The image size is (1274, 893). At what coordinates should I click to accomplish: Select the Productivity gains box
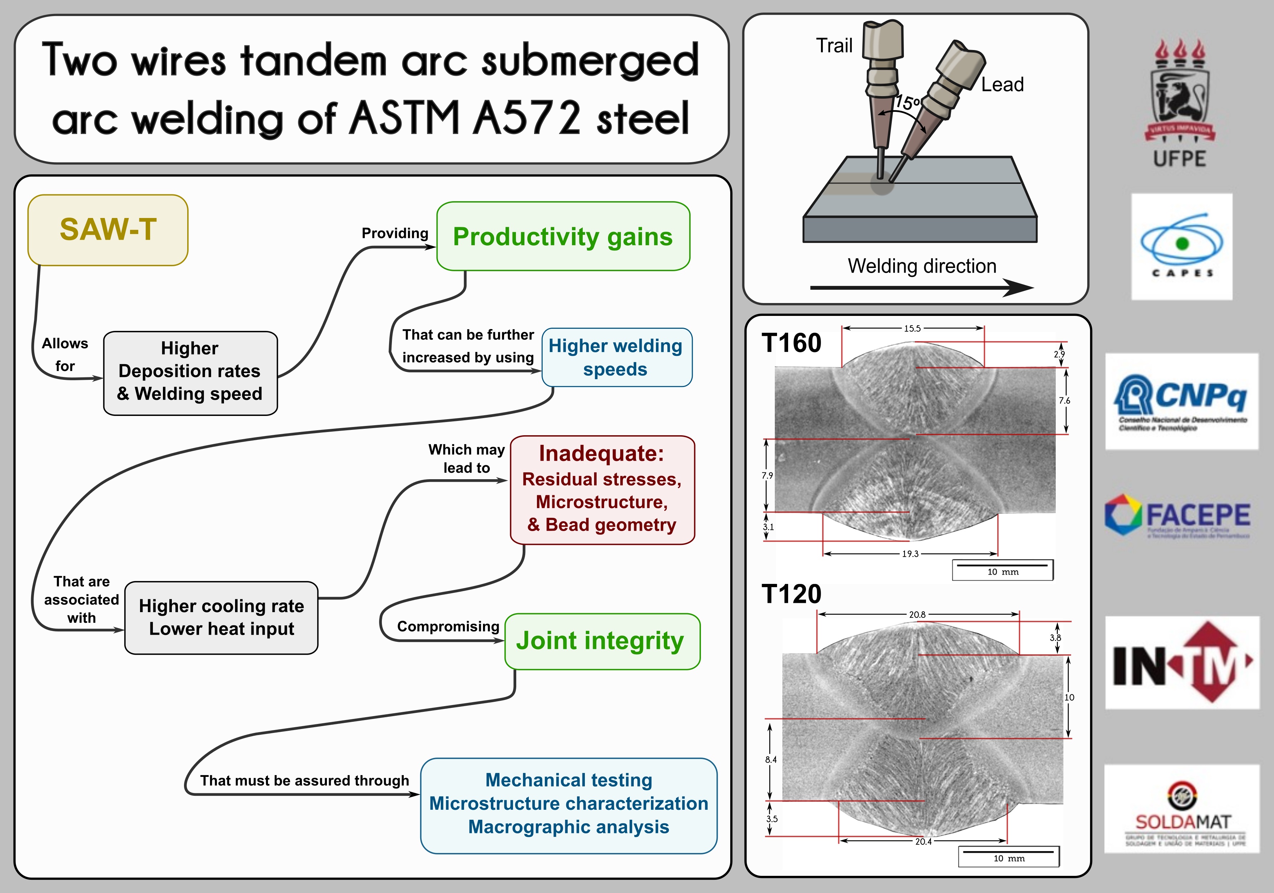pyautogui.click(x=563, y=237)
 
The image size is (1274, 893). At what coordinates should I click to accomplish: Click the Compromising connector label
pyautogui.click(x=448, y=626)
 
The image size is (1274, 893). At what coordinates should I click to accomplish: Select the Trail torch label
pyautogui.click(x=833, y=45)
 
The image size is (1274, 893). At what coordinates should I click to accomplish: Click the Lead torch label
pyautogui.click(x=1002, y=84)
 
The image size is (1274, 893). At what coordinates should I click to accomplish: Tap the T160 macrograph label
pyautogui.click(x=791, y=342)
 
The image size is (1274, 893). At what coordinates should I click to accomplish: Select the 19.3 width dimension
pyautogui.click(x=910, y=553)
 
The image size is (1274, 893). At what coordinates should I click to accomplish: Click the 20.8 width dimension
pyautogui.click(x=917, y=614)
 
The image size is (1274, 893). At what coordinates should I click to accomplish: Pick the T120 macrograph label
pyautogui.click(x=791, y=594)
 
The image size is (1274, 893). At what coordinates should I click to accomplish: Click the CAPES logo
pyautogui.click(x=1181, y=247)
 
